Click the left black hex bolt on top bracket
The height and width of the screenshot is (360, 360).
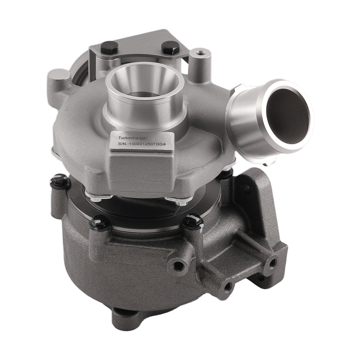pos(109,48)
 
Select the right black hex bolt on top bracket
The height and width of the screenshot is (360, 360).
pos(170,47)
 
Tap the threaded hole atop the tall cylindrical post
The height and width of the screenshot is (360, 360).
pos(200,53)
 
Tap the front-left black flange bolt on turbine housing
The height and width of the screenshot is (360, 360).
pos(100,223)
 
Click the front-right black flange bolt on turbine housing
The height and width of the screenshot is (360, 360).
pos(193,221)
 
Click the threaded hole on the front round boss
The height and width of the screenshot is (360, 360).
pos(179,266)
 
